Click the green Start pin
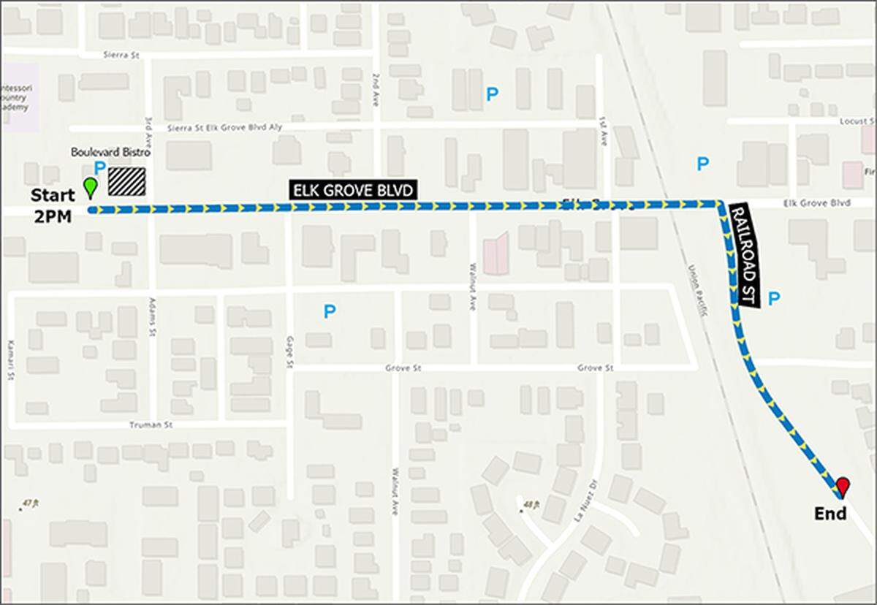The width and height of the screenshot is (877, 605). (x=90, y=188)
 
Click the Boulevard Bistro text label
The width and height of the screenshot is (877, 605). (x=110, y=153)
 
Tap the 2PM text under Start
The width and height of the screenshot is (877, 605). (x=53, y=216)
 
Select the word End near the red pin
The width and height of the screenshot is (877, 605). (x=830, y=514)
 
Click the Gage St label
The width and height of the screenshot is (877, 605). (x=290, y=352)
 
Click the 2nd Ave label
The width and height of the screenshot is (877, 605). (x=376, y=86)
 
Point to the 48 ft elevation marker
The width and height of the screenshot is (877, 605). (x=531, y=504)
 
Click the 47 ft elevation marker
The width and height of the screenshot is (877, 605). (x=29, y=504)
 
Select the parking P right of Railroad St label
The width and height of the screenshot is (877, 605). (x=775, y=298)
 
